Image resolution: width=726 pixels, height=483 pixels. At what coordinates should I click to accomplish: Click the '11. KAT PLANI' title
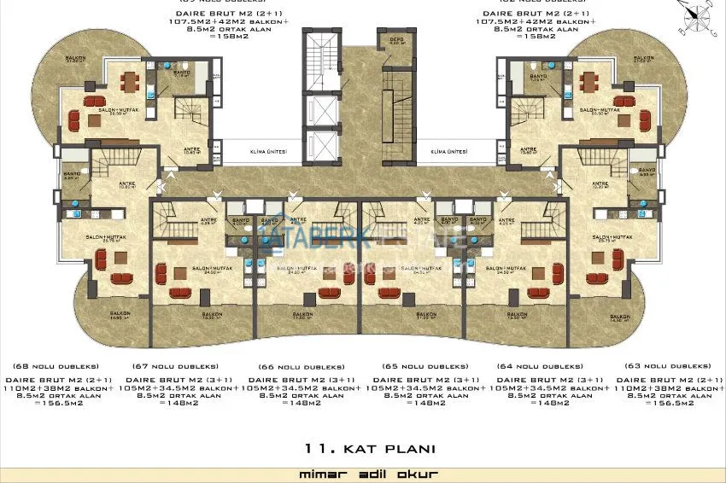pos(369,448)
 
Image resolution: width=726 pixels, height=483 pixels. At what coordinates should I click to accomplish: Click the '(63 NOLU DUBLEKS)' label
pos(672,365)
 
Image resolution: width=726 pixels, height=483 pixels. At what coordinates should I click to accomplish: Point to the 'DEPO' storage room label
pos(386,39)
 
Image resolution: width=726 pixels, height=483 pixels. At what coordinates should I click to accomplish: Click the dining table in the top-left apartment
pos(129,83)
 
